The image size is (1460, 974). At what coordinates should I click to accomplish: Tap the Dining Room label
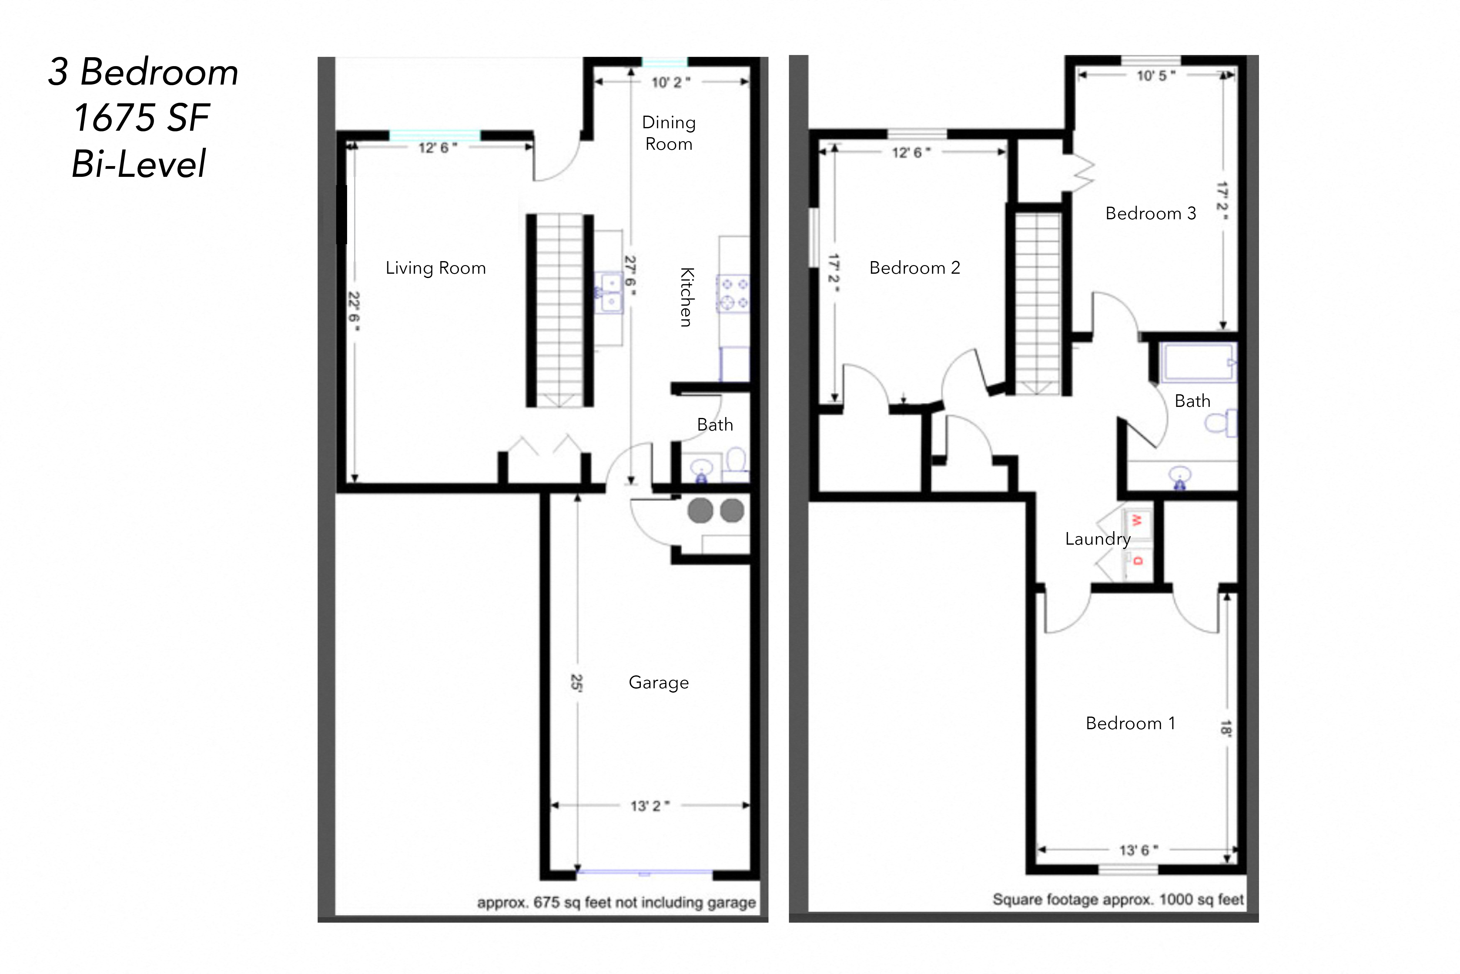pos(669,133)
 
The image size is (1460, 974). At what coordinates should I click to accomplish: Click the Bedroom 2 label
pos(914,268)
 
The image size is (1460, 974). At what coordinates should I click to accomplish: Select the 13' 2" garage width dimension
pos(649,806)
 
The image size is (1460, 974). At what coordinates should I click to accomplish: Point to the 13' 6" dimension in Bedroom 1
pos(1138,850)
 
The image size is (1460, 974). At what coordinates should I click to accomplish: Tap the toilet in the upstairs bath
pos(1220,423)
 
